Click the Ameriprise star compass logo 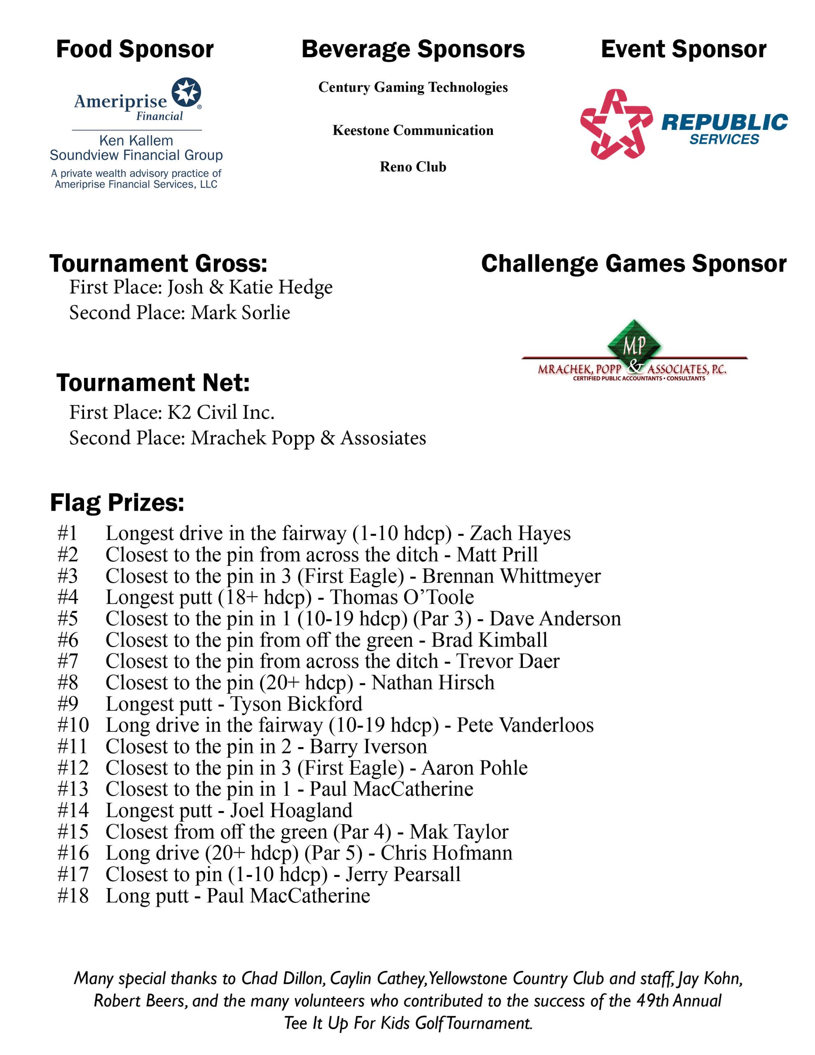click(x=187, y=92)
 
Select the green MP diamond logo click(x=634, y=345)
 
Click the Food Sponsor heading click(x=135, y=49)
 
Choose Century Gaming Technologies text click(x=412, y=87)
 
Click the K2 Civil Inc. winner click(x=221, y=413)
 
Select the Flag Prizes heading click(x=117, y=502)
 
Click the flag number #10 click(x=73, y=725)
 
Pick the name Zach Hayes click(x=520, y=533)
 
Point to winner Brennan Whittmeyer click(x=511, y=576)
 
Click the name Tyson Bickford click(x=296, y=704)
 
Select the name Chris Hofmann click(x=446, y=853)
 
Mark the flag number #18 click(x=73, y=896)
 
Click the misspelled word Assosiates click(x=383, y=438)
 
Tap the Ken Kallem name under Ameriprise click(x=136, y=141)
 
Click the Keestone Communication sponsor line click(x=412, y=130)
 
